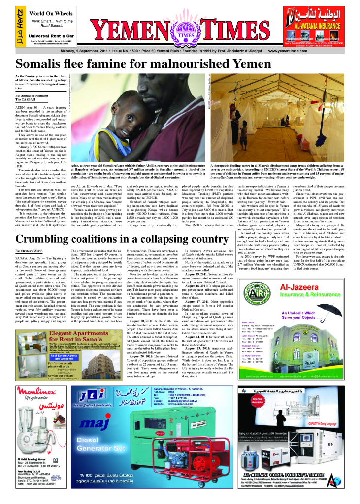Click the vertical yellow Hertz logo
coord(19,25)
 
